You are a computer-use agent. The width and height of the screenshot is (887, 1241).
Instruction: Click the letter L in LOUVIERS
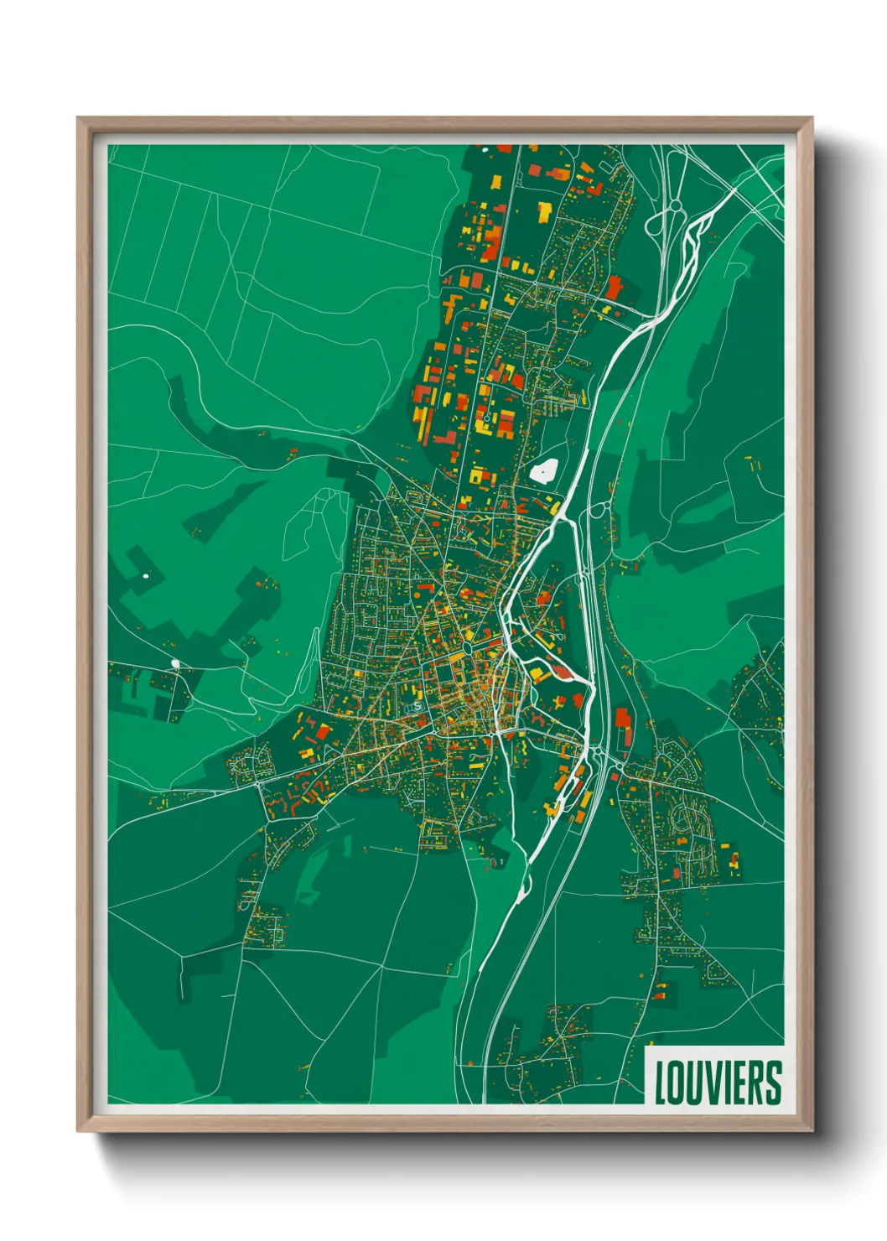(x=661, y=1083)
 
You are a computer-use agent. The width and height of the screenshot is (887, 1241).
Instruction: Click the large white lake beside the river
(x=544, y=470)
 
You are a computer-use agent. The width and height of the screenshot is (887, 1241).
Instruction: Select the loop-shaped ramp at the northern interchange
(x=656, y=226)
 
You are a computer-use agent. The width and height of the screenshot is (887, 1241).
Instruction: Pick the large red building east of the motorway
(x=623, y=719)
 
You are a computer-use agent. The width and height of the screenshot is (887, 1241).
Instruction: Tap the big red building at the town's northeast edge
(x=615, y=288)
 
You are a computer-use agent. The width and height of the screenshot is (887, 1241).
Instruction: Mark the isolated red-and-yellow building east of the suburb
(x=735, y=860)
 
